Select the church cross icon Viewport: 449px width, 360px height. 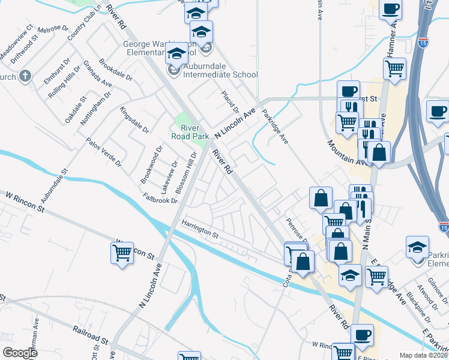tap(24, 76)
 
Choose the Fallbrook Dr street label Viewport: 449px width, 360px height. tap(160, 197)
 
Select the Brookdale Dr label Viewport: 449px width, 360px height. tap(116, 70)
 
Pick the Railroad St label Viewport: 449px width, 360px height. tap(91, 333)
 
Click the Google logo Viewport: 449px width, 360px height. tap(20, 353)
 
